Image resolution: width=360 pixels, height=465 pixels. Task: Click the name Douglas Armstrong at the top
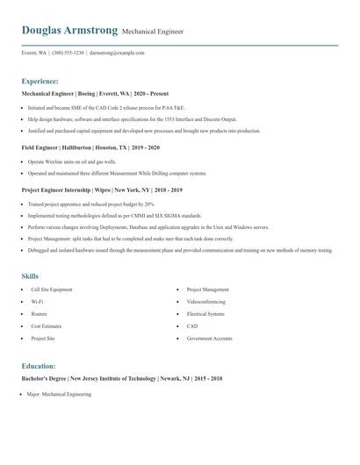click(69, 30)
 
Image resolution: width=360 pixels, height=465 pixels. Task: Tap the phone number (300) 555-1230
click(68, 53)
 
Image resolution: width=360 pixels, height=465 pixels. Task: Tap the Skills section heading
click(30, 276)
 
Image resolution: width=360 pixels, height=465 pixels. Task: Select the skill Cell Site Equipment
click(52, 290)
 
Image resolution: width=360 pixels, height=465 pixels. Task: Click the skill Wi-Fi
click(38, 302)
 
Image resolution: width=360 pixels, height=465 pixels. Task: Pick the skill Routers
click(40, 314)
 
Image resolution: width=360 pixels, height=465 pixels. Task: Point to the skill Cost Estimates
click(47, 326)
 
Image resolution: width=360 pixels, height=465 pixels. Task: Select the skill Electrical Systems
click(205, 314)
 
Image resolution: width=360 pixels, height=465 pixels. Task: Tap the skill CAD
click(192, 326)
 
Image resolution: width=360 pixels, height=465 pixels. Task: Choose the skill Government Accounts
click(209, 339)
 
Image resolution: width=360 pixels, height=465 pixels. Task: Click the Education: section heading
click(39, 366)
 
